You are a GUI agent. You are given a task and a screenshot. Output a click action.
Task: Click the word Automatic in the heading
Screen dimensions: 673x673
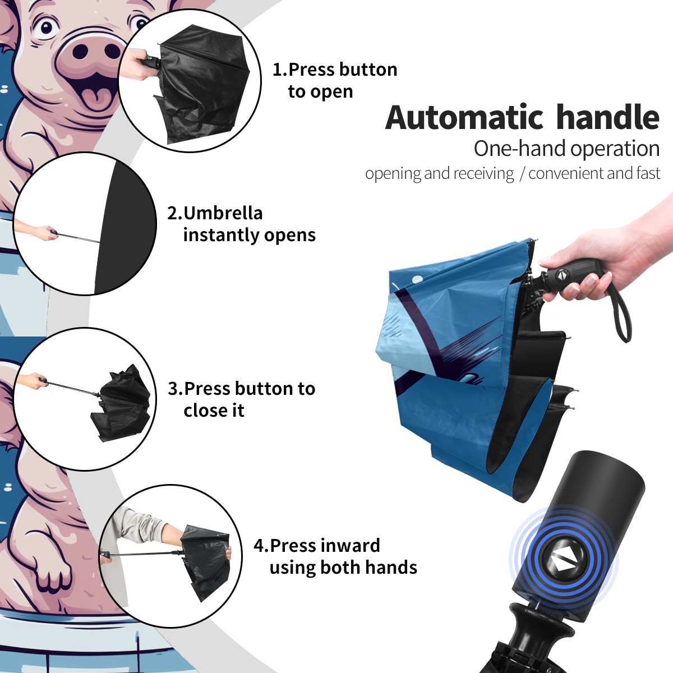(x=464, y=117)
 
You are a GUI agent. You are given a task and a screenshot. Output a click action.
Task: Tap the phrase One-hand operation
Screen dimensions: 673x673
(x=566, y=149)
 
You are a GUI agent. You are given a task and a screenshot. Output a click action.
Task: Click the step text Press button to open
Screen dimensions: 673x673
(x=335, y=80)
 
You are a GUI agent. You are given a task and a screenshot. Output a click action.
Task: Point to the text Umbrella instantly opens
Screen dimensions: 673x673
(x=241, y=224)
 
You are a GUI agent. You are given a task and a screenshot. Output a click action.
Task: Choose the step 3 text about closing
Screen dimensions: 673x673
(x=241, y=399)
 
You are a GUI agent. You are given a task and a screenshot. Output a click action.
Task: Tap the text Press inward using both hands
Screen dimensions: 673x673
(x=335, y=556)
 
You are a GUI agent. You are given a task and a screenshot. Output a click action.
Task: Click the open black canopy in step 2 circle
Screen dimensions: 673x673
(x=126, y=227)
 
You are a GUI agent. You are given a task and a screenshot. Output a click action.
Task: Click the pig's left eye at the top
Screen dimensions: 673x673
(x=47, y=27)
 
